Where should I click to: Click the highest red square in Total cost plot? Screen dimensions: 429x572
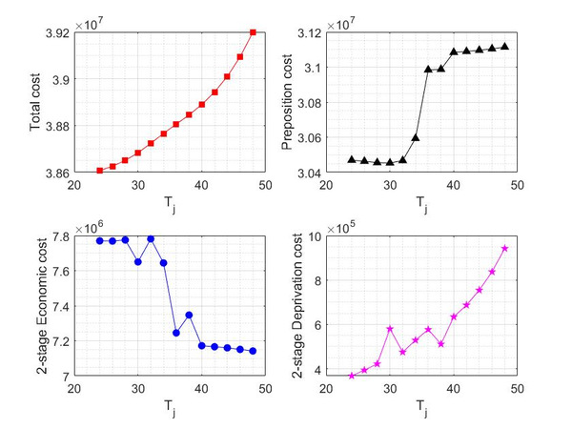(x=253, y=32)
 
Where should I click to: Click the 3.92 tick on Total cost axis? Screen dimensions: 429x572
(x=55, y=32)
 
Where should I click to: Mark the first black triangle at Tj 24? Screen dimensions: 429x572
(x=352, y=159)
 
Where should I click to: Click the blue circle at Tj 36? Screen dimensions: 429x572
(x=176, y=333)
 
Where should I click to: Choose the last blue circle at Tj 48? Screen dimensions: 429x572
(x=253, y=351)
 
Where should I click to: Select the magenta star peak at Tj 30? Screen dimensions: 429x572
(x=390, y=329)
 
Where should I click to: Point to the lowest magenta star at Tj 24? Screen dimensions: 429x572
(x=352, y=376)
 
